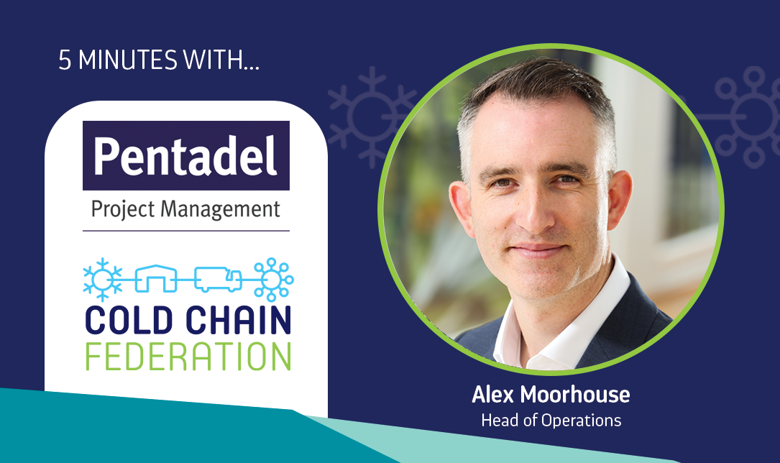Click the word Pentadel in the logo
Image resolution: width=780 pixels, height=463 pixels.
pos(185,156)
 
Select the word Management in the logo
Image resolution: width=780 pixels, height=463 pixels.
pos(221,209)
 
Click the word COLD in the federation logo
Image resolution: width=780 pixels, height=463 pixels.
pos(129,320)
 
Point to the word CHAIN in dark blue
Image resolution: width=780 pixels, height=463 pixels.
pos(238,320)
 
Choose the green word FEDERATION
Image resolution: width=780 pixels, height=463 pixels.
pos(188,356)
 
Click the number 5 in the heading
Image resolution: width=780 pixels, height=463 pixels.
pos(65,60)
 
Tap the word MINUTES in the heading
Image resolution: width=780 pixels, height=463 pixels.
pos(128,60)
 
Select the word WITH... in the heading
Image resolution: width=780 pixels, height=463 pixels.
pos(221,60)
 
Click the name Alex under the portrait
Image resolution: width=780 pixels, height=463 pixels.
pos(493,395)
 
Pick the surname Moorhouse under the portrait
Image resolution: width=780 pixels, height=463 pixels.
pos(575,395)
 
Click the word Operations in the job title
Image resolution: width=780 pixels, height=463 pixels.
pos(581,421)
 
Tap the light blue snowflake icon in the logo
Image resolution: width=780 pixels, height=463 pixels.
pos(103,280)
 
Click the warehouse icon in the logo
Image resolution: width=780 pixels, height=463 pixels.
pos(156,278)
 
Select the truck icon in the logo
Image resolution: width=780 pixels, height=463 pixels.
pos(218,279)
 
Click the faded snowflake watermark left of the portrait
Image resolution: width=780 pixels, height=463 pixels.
pos(371,117)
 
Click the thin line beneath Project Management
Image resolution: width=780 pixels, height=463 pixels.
pos(186,231)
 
